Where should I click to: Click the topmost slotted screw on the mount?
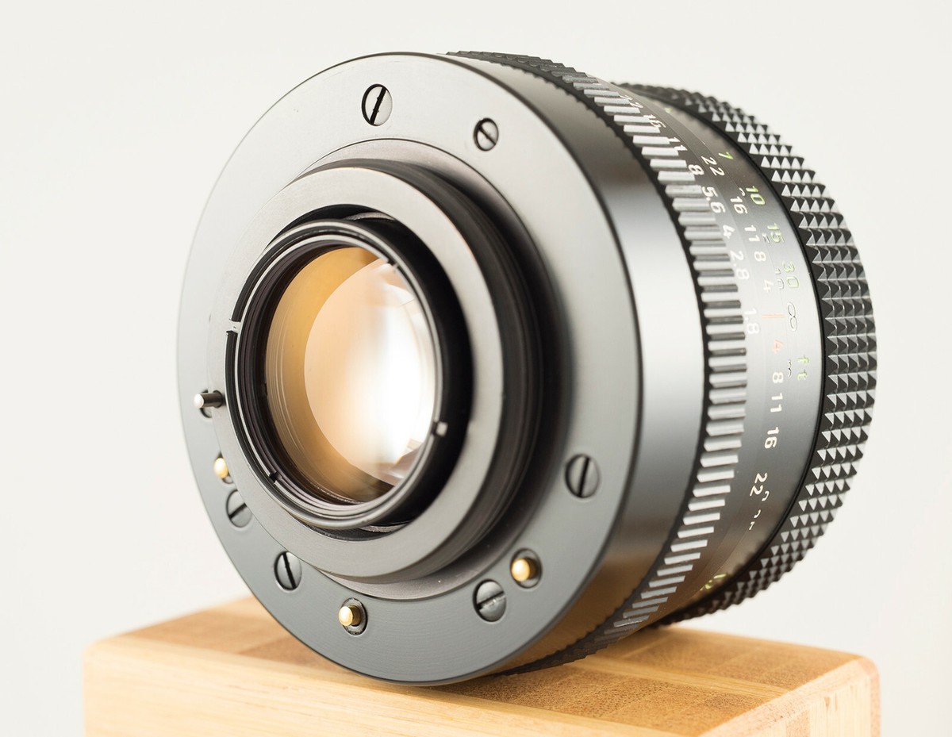click(x=377, y=104)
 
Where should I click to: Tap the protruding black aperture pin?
click(x=209, y=400)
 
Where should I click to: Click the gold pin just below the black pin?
click(x=221, y=467)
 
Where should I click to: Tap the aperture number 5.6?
click(x=712, y=205)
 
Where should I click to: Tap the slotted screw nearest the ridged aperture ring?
click(x=582, y=475)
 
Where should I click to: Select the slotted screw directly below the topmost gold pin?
click(x=238, y=508)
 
